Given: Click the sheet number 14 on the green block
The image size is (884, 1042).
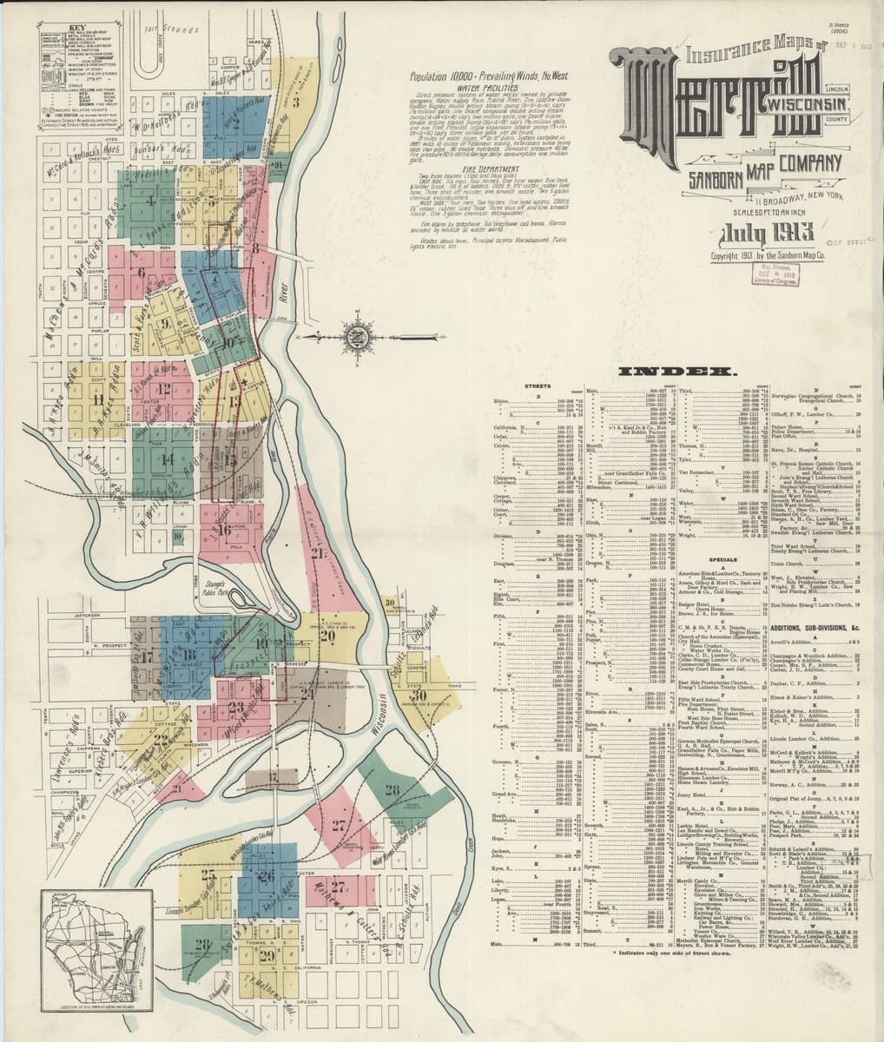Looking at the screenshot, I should [x=166, y=458].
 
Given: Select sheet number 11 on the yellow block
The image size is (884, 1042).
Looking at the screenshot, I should [x=98, y=399].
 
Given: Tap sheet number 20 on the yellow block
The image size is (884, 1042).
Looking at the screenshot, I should [x=327, y=635].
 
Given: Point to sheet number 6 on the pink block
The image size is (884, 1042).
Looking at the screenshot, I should [x=141, y=271].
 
